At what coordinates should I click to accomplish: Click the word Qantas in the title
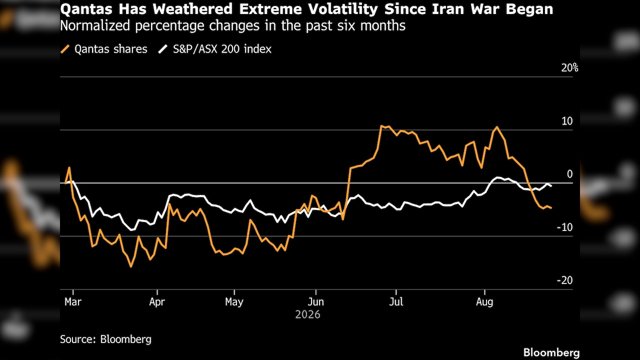86,9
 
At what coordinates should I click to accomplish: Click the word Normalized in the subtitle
95,25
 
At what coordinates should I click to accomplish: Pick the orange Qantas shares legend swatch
65,49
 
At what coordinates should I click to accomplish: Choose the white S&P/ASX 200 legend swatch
163,49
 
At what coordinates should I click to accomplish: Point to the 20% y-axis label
569,68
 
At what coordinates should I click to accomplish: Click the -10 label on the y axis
565,227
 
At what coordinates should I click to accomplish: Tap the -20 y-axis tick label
565,280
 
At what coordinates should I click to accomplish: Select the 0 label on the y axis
569,174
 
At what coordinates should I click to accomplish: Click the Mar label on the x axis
73,301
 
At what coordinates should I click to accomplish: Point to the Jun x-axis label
315,301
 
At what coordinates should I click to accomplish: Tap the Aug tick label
484,301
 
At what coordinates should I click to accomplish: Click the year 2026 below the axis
307,314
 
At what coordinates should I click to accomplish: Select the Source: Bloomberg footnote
105,339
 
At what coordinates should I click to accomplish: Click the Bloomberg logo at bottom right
551,352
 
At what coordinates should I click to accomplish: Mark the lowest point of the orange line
131,266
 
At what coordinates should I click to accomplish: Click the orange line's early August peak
497,127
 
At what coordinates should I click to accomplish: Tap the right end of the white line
551,186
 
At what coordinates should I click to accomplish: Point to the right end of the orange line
551,208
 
